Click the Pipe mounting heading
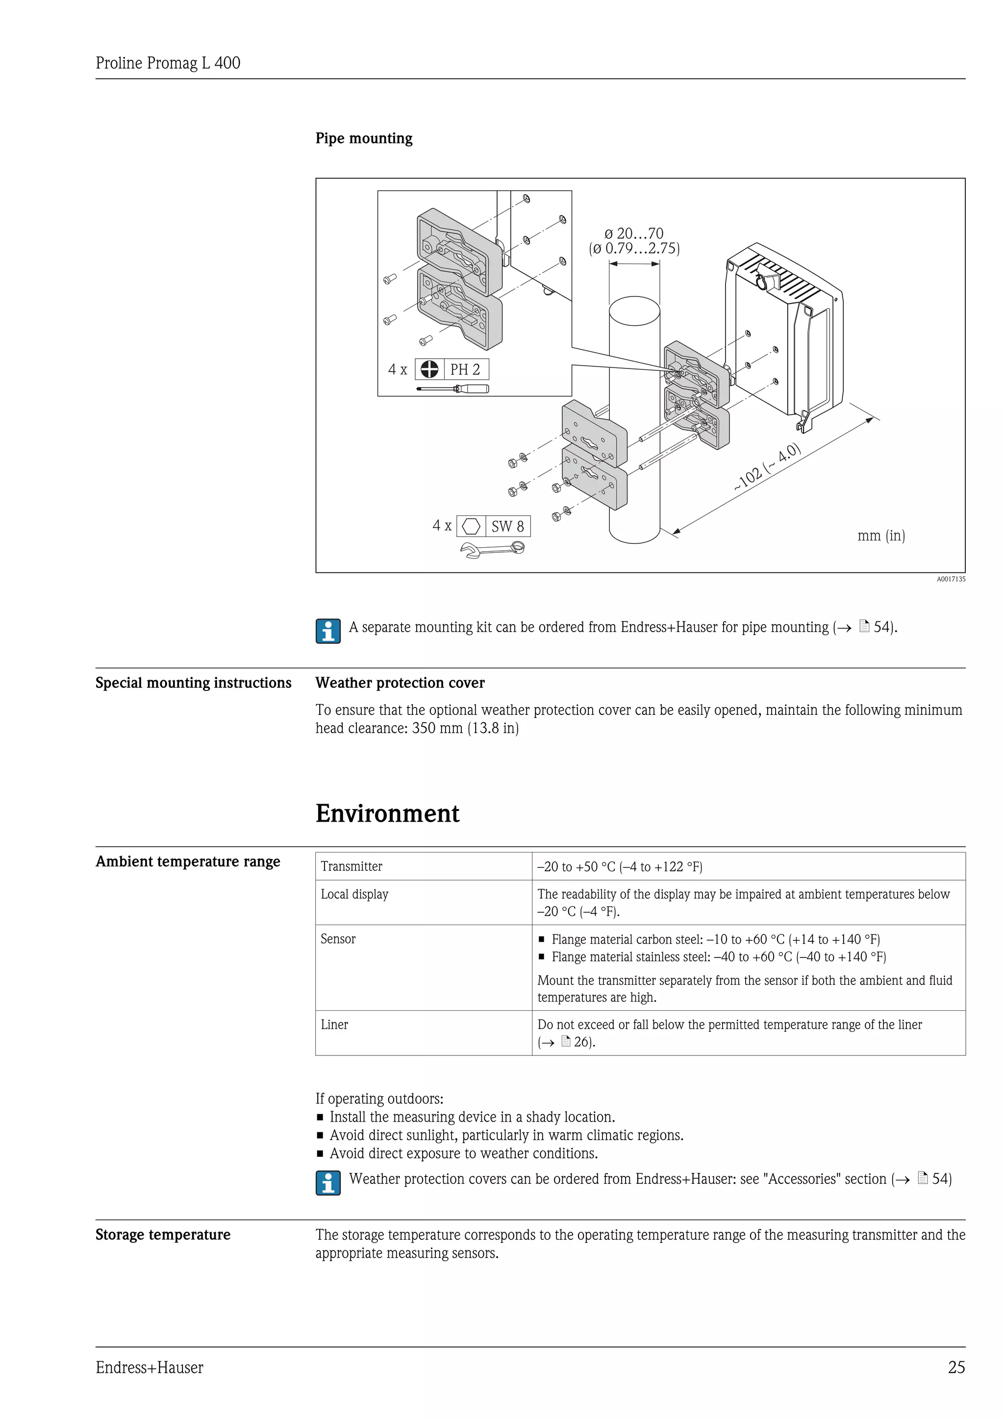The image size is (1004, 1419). point(364,139)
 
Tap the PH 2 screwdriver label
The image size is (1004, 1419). point(465,369)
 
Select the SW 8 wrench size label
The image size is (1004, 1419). point(507,527)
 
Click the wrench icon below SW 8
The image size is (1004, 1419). point(493,548)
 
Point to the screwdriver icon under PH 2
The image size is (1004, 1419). point(452,389)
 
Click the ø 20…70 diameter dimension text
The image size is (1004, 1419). point(634,234)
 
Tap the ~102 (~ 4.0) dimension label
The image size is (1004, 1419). point(767,468)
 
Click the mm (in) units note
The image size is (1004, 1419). point(880,536)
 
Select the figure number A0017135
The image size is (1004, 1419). point(950,579)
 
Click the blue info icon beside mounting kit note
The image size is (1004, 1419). point(327,631)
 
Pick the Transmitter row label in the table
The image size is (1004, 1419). point(351,866)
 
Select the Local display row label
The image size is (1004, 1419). point(354,894)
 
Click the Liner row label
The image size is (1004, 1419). point(334,1025)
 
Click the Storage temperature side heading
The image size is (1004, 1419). point(163,1234)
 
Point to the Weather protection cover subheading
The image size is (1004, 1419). point(400,683)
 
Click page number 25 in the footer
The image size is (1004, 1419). point(956,1368)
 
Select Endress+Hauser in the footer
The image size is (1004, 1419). point(149,1368)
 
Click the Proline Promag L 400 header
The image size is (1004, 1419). point(168,63)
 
